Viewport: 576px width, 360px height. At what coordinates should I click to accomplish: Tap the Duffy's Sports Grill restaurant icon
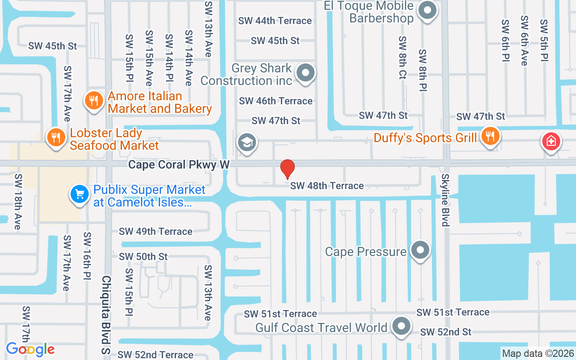(x=490, y=135)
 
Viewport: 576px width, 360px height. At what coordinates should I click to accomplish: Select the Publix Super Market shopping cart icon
(x=80, y=194)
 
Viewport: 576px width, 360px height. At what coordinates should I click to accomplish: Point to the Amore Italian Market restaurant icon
(x=94, y=100)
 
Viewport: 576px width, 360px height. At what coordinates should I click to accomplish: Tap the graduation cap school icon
(x=247, y=142)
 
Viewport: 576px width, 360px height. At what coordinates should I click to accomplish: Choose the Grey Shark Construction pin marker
(x=306, y=72)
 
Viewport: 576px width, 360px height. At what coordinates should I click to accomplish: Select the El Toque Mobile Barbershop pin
(x=427, y=10)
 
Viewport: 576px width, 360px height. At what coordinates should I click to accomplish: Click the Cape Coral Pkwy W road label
(x=179, y=165)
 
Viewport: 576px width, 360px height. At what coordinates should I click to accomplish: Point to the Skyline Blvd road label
(x=445, y=200)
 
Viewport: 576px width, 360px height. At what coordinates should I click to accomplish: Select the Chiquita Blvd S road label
(x=106, y=315)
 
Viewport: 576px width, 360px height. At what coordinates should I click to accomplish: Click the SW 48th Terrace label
(x=327, y=185)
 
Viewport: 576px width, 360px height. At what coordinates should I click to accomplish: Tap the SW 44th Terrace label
(x=275, y=21)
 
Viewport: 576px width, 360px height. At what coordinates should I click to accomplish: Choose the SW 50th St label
(x=143, y=256)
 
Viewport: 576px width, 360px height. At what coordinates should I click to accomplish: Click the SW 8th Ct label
(x=402, y=58)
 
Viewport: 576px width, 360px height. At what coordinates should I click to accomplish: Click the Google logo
(x=30, y=349)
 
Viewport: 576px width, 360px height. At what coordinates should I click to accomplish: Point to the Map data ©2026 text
(x=538, y=353)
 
